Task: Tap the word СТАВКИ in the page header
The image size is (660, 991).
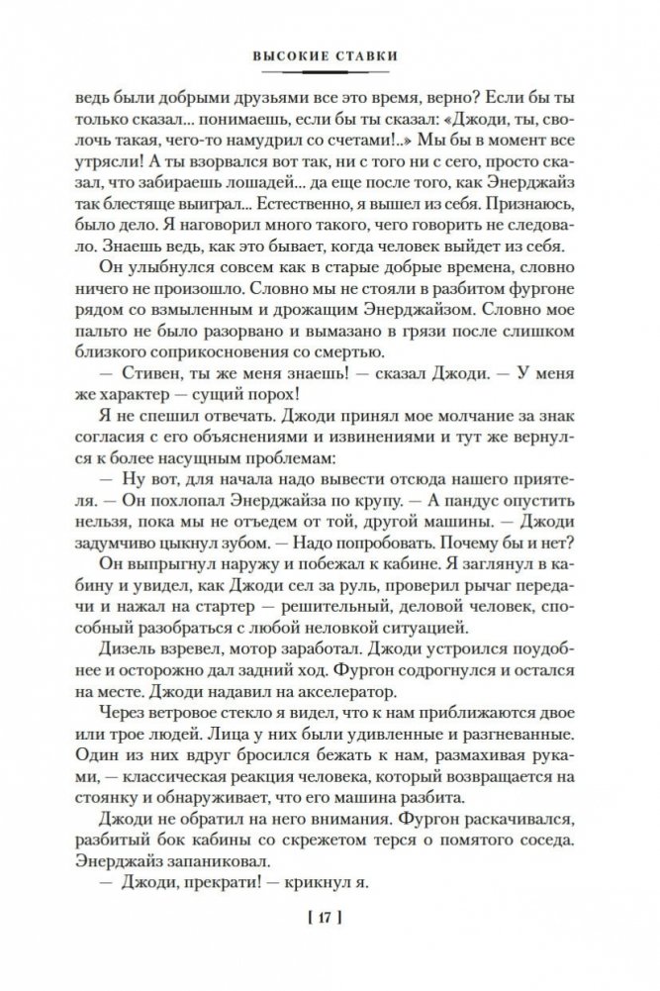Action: pos(369,56)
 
